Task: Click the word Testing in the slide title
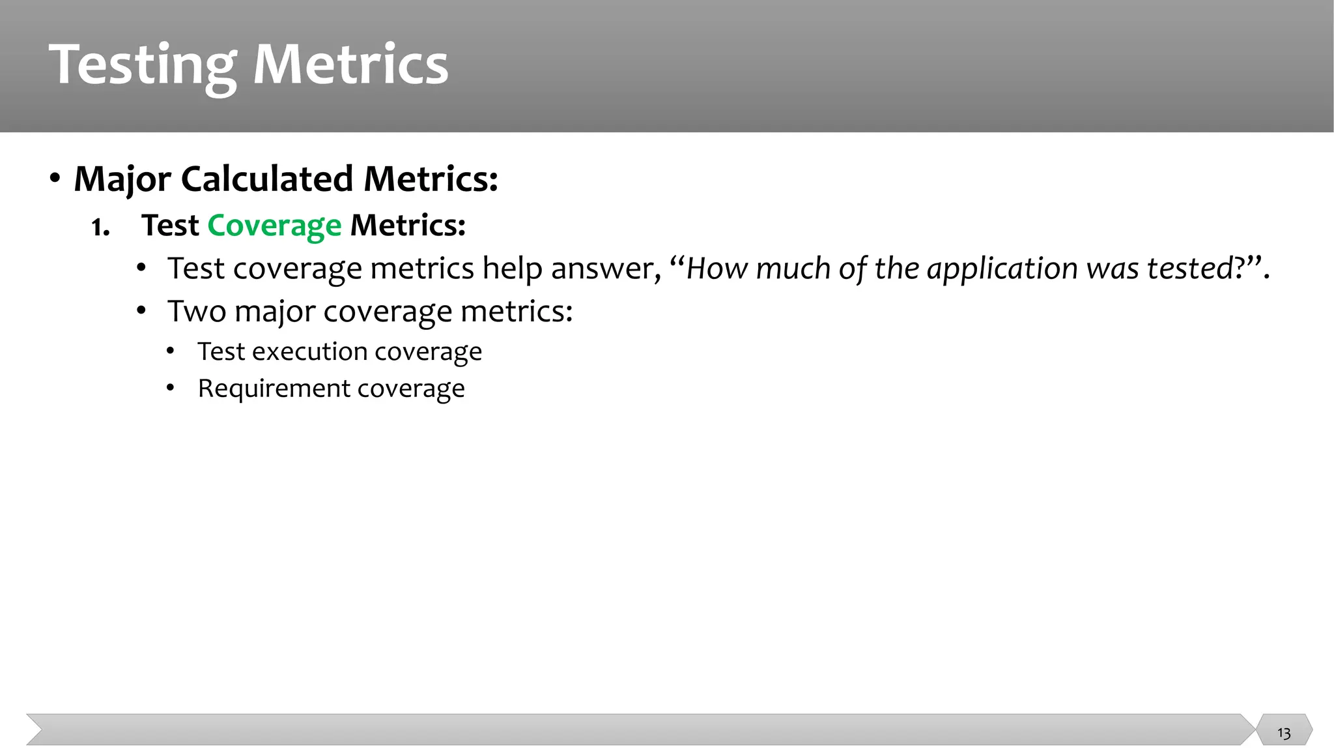coord(143,65)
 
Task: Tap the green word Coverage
coord(274,226)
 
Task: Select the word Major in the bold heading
coord(122,179)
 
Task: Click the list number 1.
coord(100,228)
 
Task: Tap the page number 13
coord(1284,733)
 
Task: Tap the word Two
coord(197,312)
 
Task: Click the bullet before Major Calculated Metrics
coord(55,178)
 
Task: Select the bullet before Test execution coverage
coord(171,352)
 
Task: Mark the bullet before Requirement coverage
coord(171,389)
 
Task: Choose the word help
coord(512,269)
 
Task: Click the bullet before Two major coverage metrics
coord(141,311)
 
